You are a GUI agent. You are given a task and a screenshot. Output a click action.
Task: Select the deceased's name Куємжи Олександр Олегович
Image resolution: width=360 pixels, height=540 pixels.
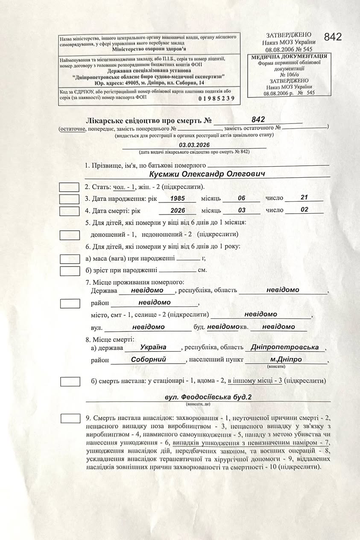tap(208, 174)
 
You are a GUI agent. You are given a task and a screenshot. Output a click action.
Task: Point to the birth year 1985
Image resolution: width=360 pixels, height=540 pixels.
tap(178, 198)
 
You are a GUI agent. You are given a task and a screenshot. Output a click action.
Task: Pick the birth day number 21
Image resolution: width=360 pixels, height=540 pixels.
tap(304, 197)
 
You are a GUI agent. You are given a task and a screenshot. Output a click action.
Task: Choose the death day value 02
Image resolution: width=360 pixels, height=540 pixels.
tap(304, 210)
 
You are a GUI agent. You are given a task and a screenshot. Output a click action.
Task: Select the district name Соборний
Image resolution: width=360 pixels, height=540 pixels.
tap(148, 359)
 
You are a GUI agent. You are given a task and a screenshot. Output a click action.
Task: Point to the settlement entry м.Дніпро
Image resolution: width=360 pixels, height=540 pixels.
tap(286, 359)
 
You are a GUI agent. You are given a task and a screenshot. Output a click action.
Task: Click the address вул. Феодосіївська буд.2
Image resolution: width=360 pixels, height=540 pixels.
tap(208, 397)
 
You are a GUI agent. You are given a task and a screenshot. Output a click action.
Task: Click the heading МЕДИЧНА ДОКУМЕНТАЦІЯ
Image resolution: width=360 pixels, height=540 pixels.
tap(289, 56)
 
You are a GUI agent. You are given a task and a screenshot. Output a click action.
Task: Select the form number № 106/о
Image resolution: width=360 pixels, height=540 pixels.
tap(289, 74)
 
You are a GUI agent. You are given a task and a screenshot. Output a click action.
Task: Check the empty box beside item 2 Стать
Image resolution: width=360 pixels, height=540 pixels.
tap(69, 187)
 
